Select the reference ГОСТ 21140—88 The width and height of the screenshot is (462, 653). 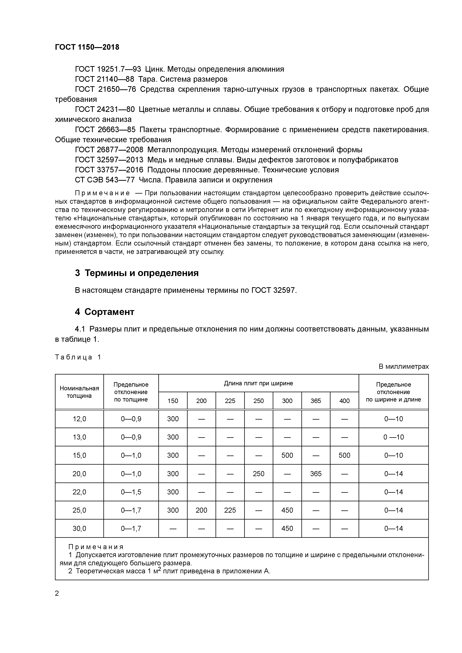[105, 79]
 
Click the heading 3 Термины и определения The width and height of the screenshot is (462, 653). [137, 273]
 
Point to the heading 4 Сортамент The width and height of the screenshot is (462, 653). [105, 312]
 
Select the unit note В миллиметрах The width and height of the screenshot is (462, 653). [403, 367]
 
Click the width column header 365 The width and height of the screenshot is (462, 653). [316, 401]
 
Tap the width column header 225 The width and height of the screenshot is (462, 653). [230, 401]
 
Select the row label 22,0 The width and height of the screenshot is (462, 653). [79, 492]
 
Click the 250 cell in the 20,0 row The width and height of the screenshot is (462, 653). [258, 474]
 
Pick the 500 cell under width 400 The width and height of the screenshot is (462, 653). [344, 455]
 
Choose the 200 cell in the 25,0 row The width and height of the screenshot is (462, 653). [201, 510]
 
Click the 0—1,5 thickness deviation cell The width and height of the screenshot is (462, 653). [131, 492]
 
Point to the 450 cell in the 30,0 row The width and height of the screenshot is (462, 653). [287, 528]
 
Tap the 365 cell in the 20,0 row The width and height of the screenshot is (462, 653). [316, 474]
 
